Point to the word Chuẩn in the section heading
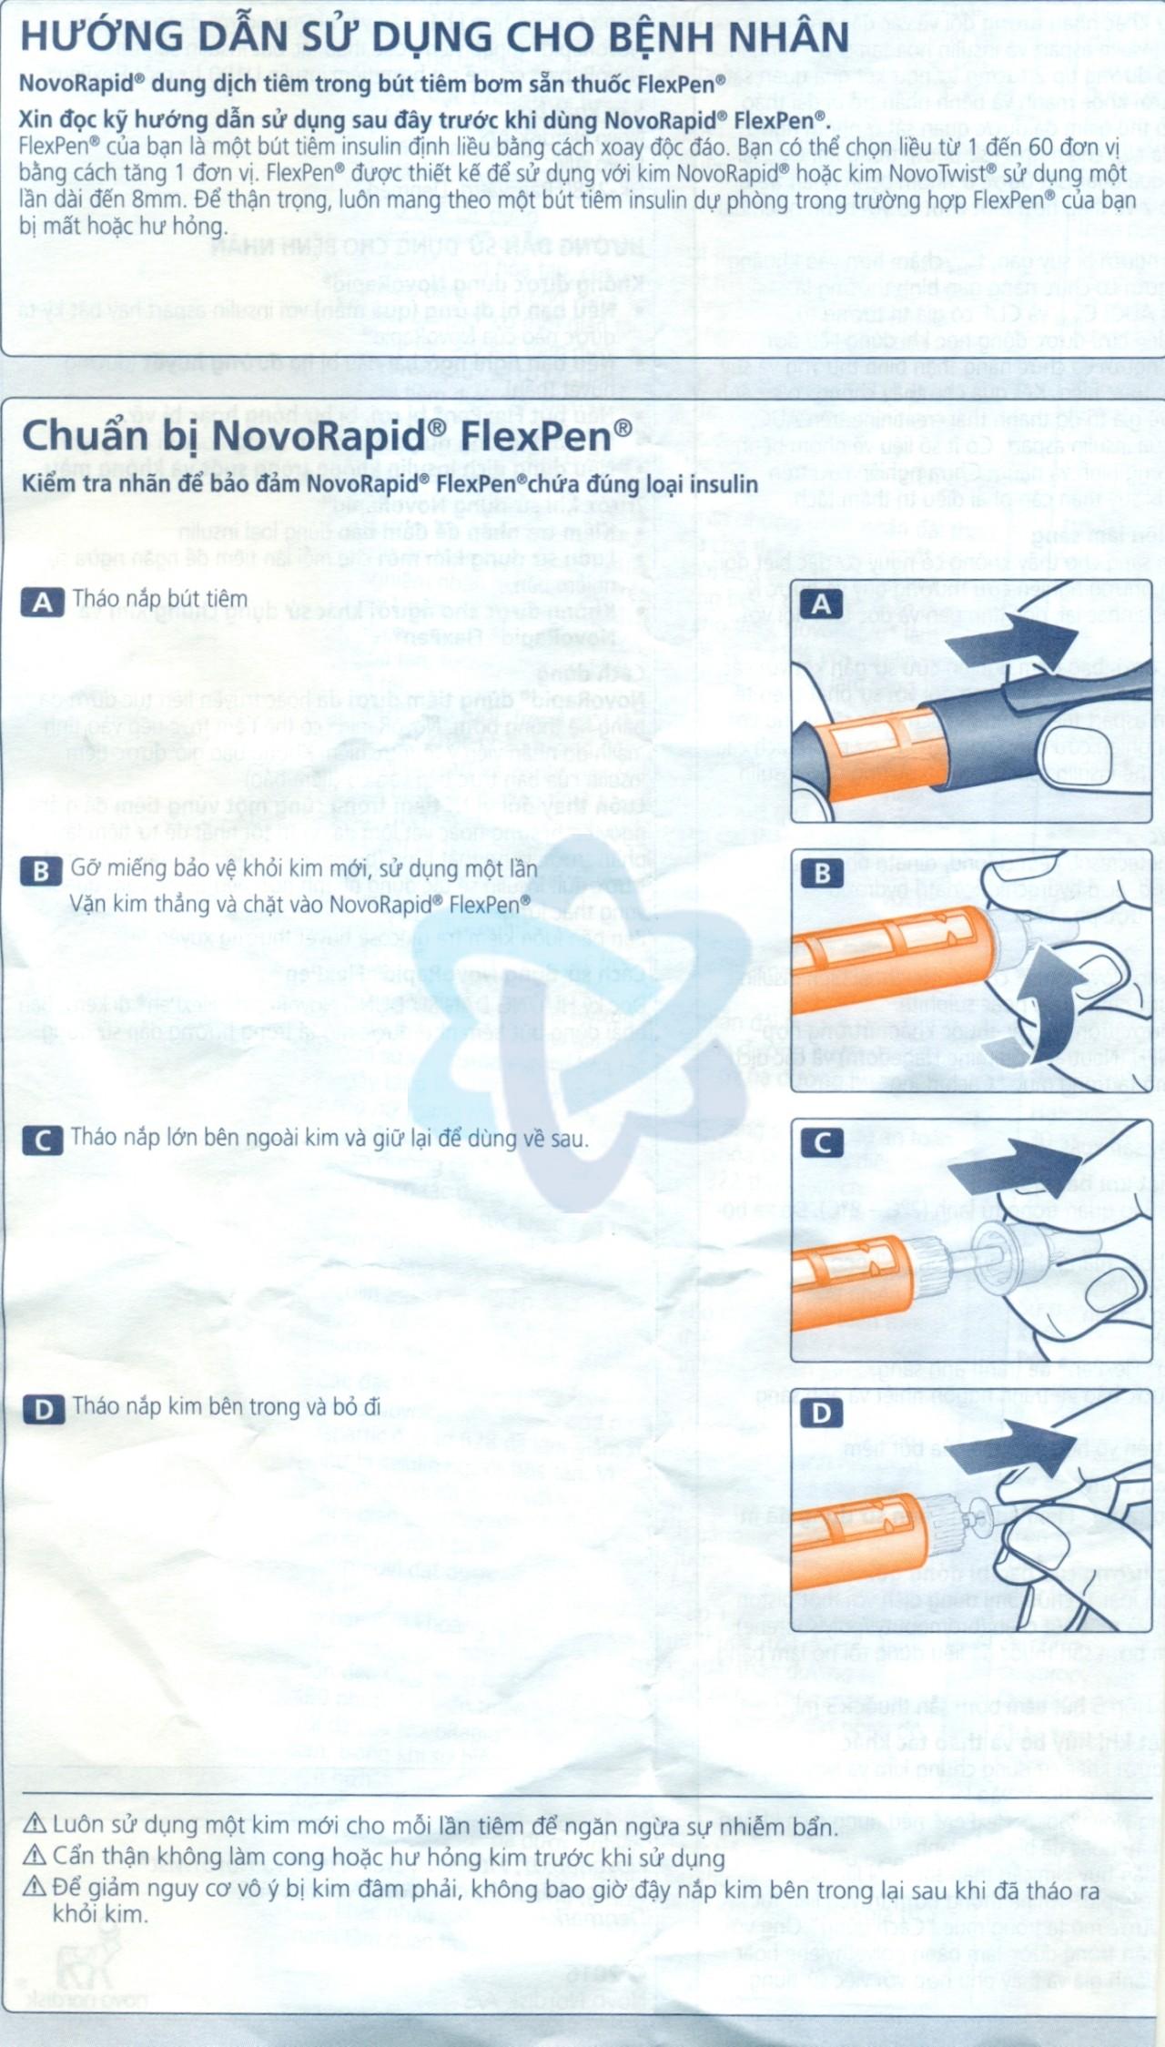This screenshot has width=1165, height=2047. tap(84, 437)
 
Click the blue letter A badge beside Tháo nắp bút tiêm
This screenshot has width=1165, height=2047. tap(42, 602)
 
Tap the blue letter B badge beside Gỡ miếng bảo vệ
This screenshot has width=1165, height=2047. tap(41, 871)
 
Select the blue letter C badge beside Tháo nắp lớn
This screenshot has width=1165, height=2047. tap(42, 1140)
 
